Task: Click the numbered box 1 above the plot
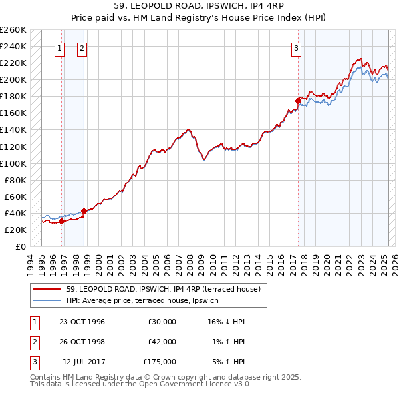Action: tap(60, 47)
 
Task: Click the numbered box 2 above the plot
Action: tap(81, 47)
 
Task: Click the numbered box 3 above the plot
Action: tap(296, 47)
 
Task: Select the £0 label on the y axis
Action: tap(20, 246)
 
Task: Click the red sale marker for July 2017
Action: tap(298, 101)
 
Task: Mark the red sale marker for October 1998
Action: tap(84, 211)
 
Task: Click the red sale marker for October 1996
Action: tap(61, 221)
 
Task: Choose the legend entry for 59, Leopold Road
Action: tap(167, 289)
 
